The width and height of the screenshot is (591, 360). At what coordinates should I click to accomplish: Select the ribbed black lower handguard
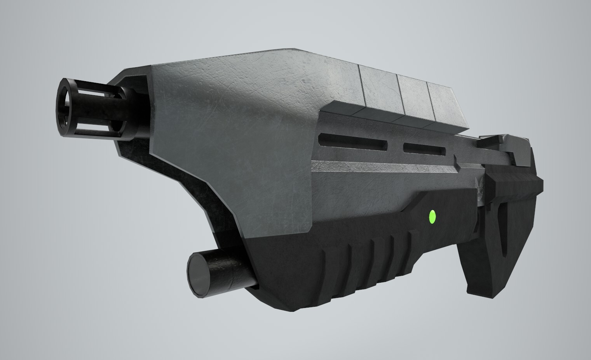point(350,264)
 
